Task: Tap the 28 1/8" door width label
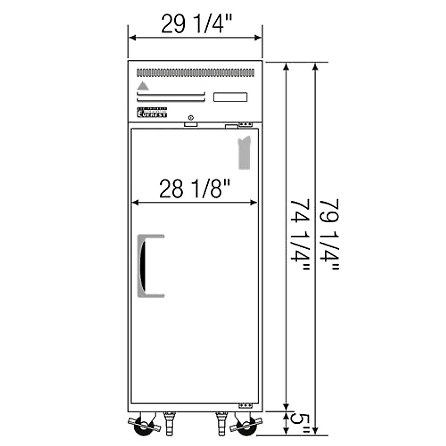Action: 195,189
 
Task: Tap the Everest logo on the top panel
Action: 152,112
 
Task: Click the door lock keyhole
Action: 191,118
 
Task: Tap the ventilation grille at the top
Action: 195,72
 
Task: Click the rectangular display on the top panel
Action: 230,97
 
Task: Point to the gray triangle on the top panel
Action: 143,86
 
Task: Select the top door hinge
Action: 245,124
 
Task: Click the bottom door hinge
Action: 245,405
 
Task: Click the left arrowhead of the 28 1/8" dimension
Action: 135,203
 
